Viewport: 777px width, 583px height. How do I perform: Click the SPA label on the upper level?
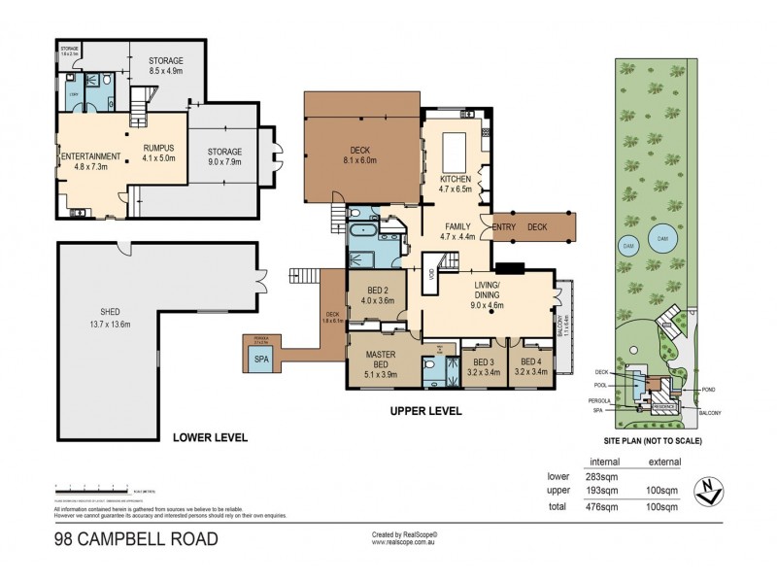[260, 360]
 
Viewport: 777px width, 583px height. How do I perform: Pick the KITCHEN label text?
[456, 180]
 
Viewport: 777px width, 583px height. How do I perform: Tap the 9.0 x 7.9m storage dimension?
[222, 161]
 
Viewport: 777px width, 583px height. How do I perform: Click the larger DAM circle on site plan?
[663, 238]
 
